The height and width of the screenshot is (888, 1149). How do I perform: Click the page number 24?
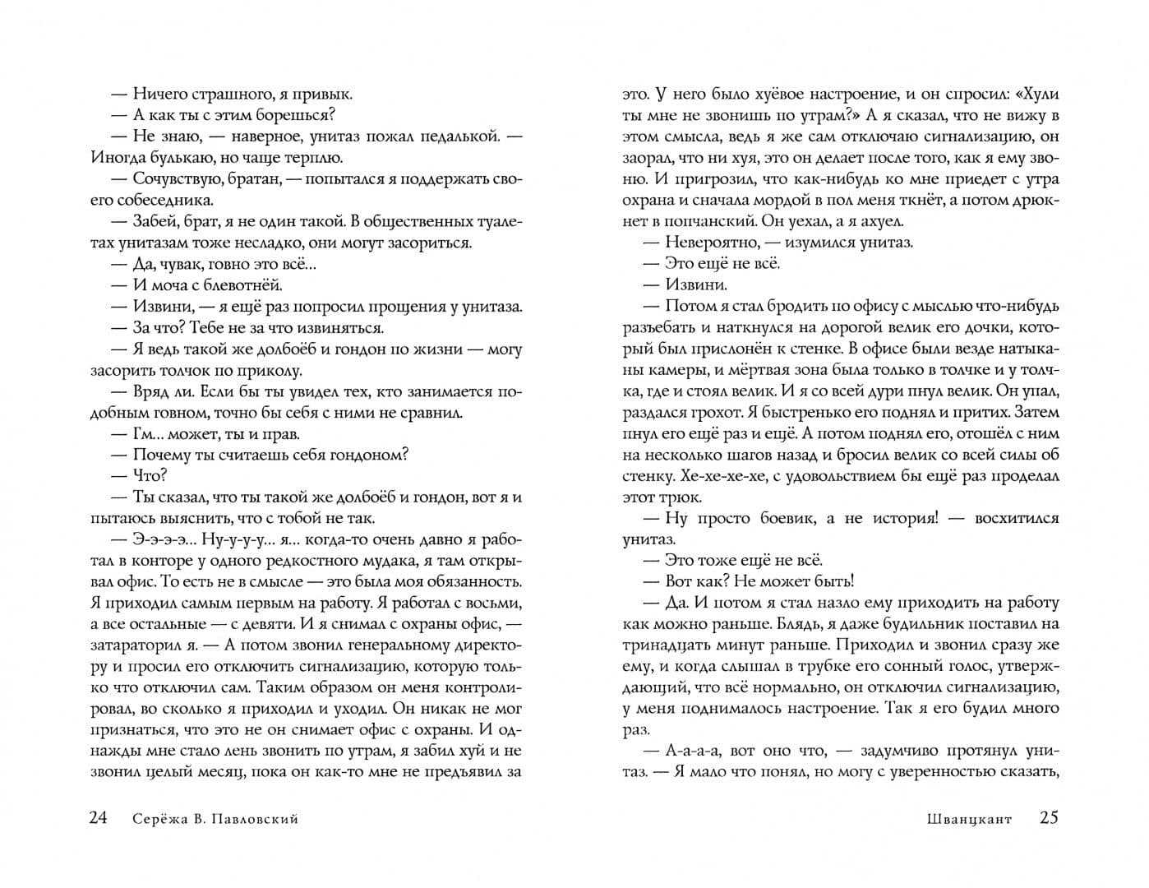point(98,818)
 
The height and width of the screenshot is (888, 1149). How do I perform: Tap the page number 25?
point(1049,818)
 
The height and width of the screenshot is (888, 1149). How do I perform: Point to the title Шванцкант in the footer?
point(968,819)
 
